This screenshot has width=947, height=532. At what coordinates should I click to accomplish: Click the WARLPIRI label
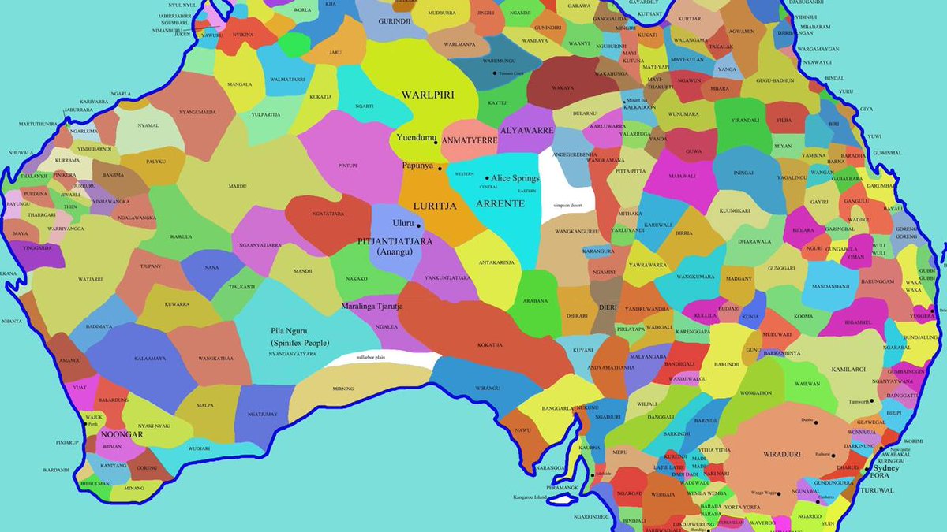coord(428,95)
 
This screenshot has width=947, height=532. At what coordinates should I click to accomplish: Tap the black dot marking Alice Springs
coord(487,178)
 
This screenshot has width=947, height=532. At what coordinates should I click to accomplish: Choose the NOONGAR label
coord(122,434)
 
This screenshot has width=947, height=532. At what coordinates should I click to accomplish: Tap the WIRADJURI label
coord(782,455)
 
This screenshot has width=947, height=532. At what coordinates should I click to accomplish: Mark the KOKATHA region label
coord(489,344)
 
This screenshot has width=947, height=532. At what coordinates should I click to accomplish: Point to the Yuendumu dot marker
coord(436,143)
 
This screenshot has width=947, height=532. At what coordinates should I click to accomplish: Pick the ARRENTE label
coord(500,203)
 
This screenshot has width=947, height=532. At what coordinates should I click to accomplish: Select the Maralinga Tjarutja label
coord(372,306)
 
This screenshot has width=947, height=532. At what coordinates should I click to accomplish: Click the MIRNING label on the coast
coord(344,389)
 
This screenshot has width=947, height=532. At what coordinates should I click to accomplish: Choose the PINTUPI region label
coord(347,166)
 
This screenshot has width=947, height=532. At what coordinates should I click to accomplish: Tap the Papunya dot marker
coord(440,169)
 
